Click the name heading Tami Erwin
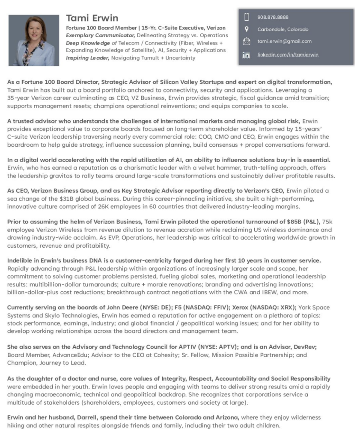pyautogui.click(x=92, y=18)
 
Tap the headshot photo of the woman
pyautogui.click(x=34, y=40)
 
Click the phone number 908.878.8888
pyautogui.click(x=273, y=17)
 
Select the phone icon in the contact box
pyautogui.click(x=246, y=17)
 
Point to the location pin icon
pyautogui.click(x=246, y=29)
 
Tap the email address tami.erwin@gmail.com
pyautogui.click(x=284, y=41)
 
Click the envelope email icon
pyautogui.click(x=246, y=41)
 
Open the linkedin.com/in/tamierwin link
pyautogui.click(x=288, y=55)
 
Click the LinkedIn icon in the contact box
pyautogui.click(x=246, y=55)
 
